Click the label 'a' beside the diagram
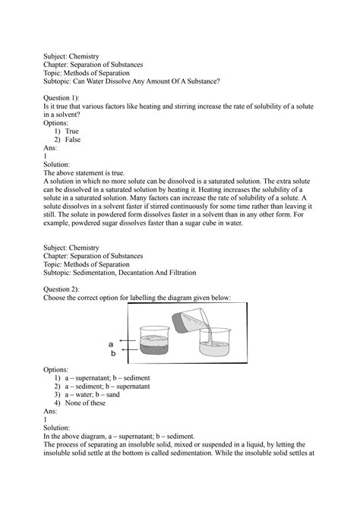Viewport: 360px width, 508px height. click(x=113, y=343)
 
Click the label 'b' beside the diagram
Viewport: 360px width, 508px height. click(x=113, y=353)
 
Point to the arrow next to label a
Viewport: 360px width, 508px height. click(x=128, y=343)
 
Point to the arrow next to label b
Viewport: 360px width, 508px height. click(x=128, y=352)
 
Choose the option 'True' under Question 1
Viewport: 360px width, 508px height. click(x=71, y=131)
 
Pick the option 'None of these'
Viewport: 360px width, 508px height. click(x=89, y=403)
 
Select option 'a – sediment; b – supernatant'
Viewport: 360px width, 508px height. click(x=111, y=386)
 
